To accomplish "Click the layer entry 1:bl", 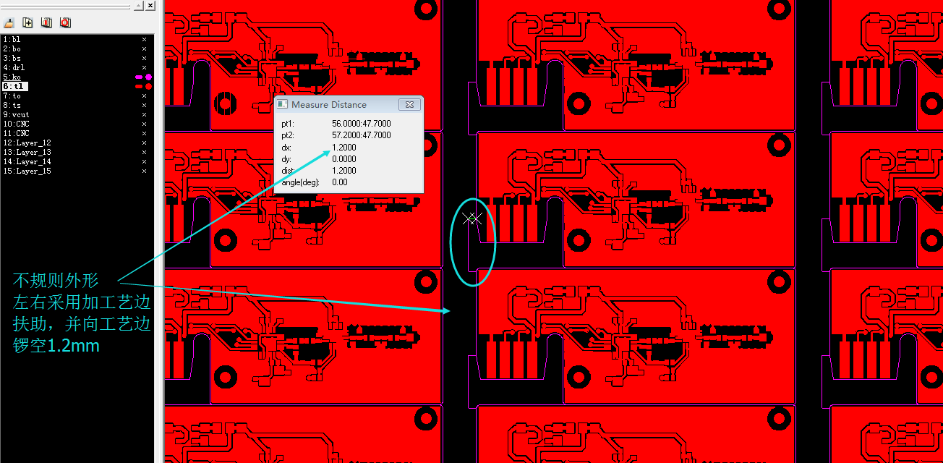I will [x=12, y=39].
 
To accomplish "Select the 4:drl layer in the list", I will [x=14, y=67].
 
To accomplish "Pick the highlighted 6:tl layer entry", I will [x=14, y=86].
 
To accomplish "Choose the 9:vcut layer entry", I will [x=16, y=114].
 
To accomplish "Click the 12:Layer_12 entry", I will [x=27, y=143].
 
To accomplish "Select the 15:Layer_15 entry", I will [x=27, y=171].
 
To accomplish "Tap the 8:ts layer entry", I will [x=12, y=105].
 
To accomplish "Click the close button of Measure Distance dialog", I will [x=409, y=105].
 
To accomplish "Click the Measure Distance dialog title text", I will [x=329, y=105].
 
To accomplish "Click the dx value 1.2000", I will [x=344, y=148].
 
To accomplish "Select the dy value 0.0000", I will [x=344, y=159].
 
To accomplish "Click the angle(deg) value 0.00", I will [x=339, y=182].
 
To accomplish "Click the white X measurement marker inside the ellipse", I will [x=472, y=218].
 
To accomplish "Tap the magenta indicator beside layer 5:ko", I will [x=143, y=77].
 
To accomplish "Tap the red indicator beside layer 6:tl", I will [x=143, y=86].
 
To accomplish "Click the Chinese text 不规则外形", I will [x=56, y=281].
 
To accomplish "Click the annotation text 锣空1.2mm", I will [x=56, y=346].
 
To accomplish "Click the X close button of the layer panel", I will [x=150, y=6].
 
